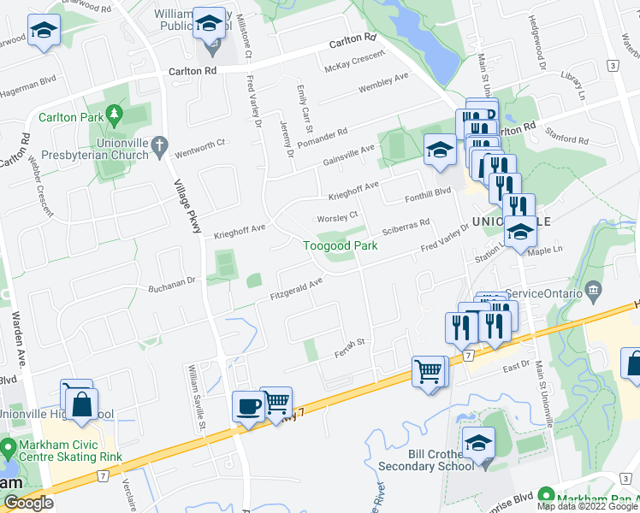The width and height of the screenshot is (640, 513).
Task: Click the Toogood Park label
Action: (x=341, y=245)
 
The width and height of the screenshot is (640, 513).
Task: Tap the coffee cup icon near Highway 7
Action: (x=249, y=407)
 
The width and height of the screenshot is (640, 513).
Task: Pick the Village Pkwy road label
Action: (x=186, y=205)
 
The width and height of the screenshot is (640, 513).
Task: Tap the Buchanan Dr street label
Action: (x=173, y=284)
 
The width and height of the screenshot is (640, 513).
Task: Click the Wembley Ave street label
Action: (x=384, y=85)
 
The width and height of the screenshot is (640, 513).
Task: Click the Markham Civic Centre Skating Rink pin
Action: (x=8, y=448)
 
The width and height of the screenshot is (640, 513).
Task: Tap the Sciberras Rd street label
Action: (x=406, y=228)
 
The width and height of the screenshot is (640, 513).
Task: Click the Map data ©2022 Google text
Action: (x=588, y=505)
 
